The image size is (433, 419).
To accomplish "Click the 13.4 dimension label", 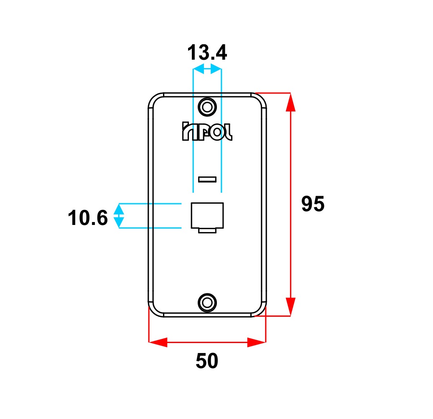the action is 207,53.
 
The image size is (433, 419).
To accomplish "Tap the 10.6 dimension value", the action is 88,218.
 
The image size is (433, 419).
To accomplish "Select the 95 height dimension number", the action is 313,204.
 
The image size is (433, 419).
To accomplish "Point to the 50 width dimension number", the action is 207,361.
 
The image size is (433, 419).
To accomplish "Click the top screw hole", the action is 207,107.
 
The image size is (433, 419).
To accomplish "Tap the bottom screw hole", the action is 207,303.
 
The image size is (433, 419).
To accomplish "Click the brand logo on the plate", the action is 207,131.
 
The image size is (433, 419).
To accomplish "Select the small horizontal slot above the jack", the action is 207,179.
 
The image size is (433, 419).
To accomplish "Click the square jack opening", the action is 207,216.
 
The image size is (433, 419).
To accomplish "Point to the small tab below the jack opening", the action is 207,231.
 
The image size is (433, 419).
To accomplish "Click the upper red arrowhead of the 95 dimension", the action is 290,102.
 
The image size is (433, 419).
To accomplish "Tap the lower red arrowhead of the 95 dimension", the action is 290,307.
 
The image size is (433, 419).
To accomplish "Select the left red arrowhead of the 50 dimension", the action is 158,342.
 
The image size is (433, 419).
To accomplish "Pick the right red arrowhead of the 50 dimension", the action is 256,342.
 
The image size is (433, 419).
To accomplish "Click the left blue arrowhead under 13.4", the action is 199,69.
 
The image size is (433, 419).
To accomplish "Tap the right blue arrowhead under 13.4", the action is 216,69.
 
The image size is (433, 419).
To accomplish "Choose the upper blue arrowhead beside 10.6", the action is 119,209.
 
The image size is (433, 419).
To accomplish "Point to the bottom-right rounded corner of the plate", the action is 259,309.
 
